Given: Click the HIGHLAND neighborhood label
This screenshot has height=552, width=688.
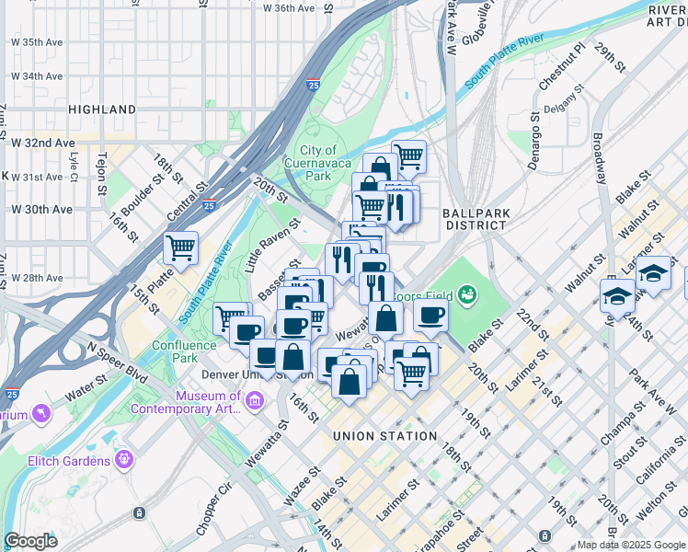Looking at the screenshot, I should point(102,109).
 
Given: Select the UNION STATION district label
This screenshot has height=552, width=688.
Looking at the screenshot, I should point(384,436).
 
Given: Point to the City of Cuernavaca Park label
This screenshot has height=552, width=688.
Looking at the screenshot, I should point(318,163).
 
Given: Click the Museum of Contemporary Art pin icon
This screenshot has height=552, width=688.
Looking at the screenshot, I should point(257,401).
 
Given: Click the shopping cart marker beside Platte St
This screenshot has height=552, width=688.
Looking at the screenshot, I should point(181,247).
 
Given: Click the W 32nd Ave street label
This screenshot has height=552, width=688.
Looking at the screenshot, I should point(42,143).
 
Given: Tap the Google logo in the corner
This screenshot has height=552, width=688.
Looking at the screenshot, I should point(29,541).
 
